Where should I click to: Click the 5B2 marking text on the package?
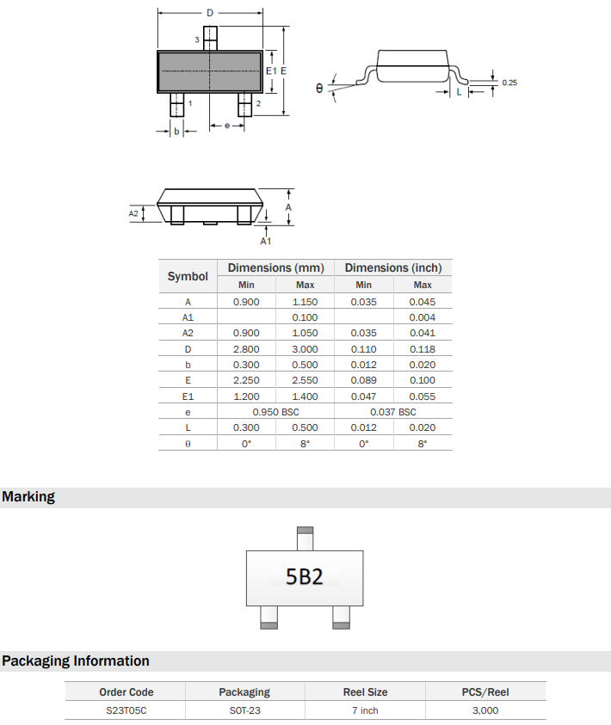pos(305,576)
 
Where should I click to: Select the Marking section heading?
pos(28,497)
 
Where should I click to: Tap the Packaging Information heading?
pos(76,661)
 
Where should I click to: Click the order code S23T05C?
pos(126,710)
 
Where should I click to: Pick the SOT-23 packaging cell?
pos(244,710)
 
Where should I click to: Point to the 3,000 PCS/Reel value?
pos(485,710)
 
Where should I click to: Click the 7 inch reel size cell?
pos(365,710)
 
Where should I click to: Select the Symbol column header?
pos(188,276)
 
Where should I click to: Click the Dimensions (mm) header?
pos(275,268)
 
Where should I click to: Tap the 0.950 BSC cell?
pos(275,412)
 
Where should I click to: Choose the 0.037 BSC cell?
pos(392,412)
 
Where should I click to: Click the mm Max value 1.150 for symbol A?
pos(305,302)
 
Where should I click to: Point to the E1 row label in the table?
pos(188,396)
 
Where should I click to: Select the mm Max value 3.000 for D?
pos(305,349)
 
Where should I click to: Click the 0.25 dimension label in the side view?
pos(509,83)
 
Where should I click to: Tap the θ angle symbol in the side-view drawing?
pos(319,88)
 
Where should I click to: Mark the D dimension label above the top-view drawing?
pos(210,13)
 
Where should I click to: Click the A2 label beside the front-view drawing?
pos(133,212)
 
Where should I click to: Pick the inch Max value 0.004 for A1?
pos(423,317)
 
